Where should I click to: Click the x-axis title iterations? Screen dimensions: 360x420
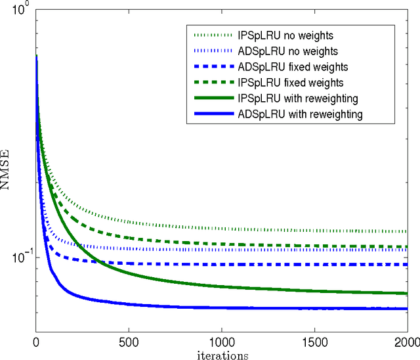pyautogui.click(x=221, y=355)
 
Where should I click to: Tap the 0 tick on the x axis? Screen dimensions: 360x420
pyautogui.click(x=36, y=343)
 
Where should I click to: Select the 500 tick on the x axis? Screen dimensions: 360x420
pyautogui.click(x=129, y=343)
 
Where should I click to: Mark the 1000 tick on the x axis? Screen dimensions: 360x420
pyautogui.click(x=221, y=343)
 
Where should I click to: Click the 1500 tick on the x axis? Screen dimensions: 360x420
pyautogui.click(x=314, y=343)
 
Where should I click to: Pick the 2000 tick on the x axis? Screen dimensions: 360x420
pyautogui.click(x=406, y=343)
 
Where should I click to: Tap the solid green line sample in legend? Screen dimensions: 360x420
pyautogui.click(x=213, y=99)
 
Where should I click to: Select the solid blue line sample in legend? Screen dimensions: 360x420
pyautogui.click(x=213, y=114)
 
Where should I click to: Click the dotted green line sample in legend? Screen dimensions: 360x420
pyautogui.click(x=213, y=35)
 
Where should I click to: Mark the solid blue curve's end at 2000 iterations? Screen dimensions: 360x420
pyautogui.click(x=406, y=308)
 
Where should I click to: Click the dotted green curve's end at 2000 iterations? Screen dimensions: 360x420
pyautogui.click(x=406, y=231)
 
